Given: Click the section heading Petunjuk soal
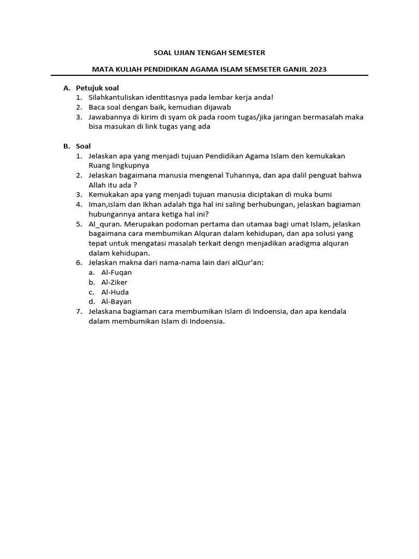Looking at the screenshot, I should (97, 87).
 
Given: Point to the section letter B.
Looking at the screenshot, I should (66, 146).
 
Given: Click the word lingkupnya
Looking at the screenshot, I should (129, 165).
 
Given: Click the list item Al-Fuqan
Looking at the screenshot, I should (116, 272).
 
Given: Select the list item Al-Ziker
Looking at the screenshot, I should (114, 282).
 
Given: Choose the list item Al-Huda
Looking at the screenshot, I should (115, 292).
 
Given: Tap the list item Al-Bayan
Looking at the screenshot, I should (116, 302).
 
